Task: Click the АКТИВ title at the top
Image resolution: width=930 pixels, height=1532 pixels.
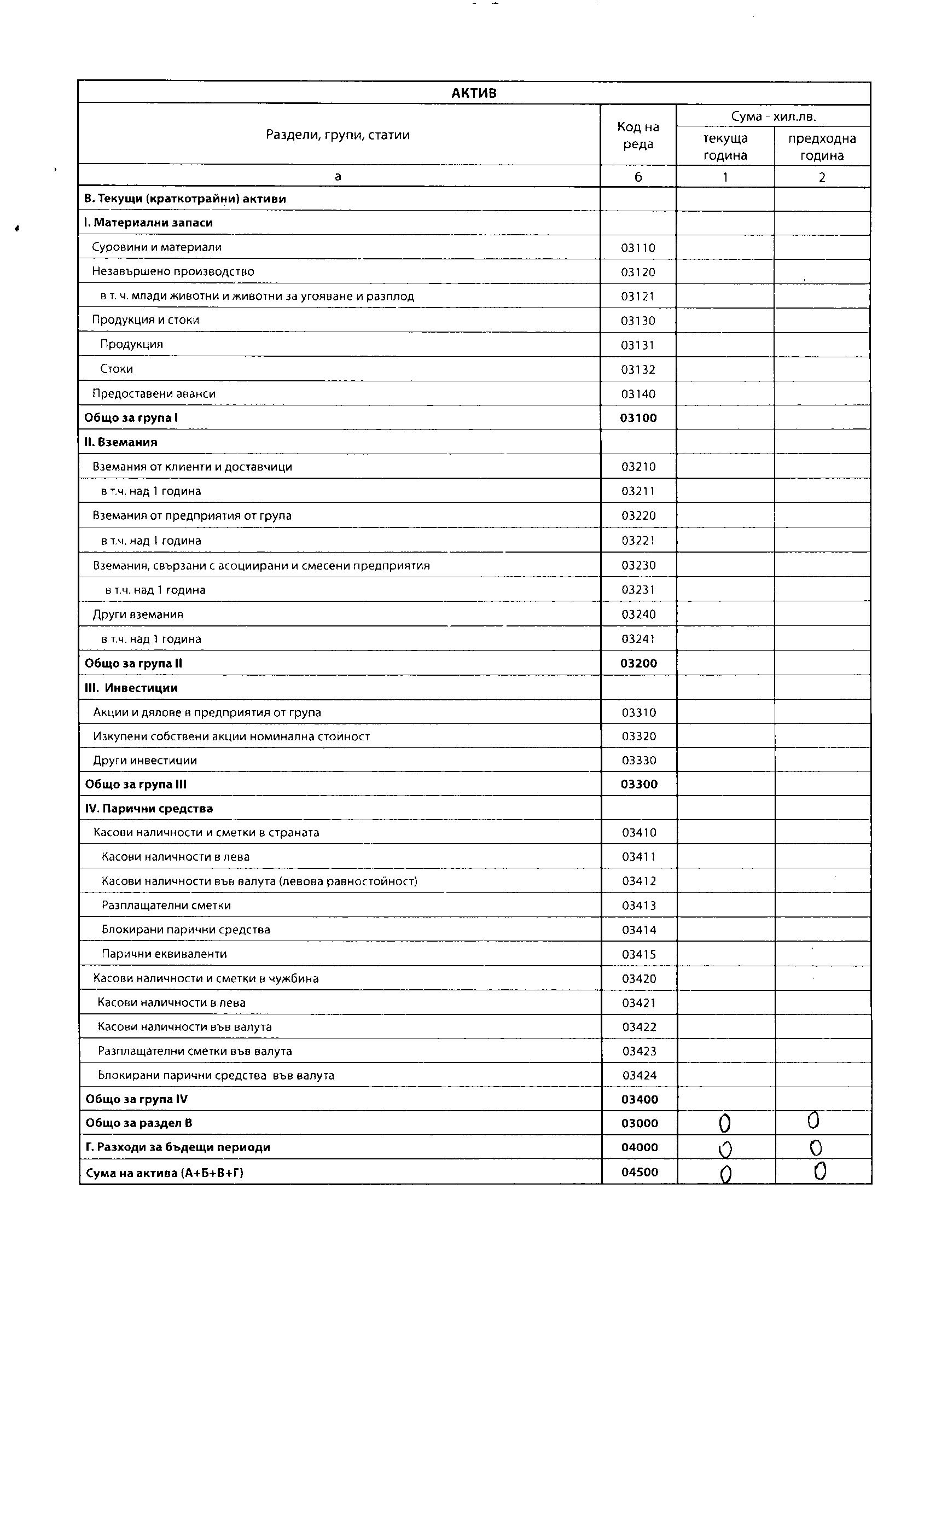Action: pyautogui.click(x=474, y=93)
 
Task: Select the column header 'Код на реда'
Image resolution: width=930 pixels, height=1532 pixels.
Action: pyautogui.click(x=638, y=136)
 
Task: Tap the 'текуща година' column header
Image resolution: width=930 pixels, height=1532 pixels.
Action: pyautogui.click(x=725, y=147)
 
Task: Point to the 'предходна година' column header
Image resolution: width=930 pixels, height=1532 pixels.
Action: pyautogui.click(x=822, y=147)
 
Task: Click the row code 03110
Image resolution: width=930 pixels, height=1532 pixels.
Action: pyautogui.click(x=638, y=248)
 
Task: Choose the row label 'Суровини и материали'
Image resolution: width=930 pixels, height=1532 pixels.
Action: pyautogui.click(x=156, y=247)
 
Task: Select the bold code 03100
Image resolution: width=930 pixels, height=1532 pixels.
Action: pyautogui.click(x=638, y=419)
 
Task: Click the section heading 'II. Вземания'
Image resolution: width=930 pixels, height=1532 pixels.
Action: pyautogui.click(x=120, y=443)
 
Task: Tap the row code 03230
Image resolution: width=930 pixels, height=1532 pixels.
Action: pyautogui.click(x=638, y=566)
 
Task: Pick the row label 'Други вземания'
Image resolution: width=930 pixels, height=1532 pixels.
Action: pyautogui.click(x=138, y=615)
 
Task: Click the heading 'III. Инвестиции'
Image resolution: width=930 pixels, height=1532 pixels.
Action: pyautogui.click(x=131, y=688)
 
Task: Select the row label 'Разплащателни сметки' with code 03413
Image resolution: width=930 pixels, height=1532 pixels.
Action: pyautogui.click(x=166, y=906)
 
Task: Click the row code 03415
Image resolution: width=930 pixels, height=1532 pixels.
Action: pyautogui.click(x=639, y=954)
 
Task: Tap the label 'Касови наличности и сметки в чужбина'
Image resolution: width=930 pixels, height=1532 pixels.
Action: pyautogui.click(x=206, y=979)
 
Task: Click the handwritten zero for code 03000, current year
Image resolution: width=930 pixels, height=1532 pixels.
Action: pyautogui.click(x=724, y=1123)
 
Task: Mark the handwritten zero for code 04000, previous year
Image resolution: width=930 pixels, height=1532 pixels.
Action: pyautogui.click(x=816, y=1148)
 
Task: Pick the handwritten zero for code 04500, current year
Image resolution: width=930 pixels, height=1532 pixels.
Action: pyautogui.click(x=725, y=1174)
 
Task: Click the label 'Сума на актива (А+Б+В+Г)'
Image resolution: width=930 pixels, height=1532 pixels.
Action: pyautogui.click(x=165, y=1173)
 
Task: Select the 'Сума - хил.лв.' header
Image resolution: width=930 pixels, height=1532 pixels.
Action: pyautogui.click(x=774, y=116)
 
